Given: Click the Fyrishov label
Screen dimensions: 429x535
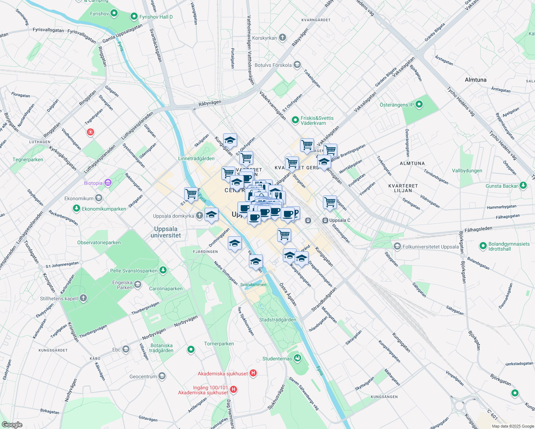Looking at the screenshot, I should click(x=99, y=14).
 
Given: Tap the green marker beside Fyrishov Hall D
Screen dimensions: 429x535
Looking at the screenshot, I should click(x=134, y=16).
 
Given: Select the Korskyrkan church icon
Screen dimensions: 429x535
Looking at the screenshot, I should click(x=283, y=38).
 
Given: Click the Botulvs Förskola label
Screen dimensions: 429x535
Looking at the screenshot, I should click(x=273, y=65).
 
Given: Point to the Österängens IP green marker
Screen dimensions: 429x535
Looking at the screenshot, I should click(x=419, y=104).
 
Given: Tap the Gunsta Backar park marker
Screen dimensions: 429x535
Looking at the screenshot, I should click(x=523, y=185).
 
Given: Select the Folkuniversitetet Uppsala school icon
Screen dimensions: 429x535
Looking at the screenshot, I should click(x=397, y=246).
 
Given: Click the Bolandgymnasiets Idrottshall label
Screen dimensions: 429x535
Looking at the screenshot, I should click(x=509, y=246).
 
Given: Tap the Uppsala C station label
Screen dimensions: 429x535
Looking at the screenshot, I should click(x=339, y=220).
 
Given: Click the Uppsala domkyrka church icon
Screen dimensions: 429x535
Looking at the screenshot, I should click(x=200, y=216).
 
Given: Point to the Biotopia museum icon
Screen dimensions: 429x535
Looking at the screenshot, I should click(x=108, y=183).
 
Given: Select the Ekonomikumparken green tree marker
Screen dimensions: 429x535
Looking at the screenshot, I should click(x=76, y=208).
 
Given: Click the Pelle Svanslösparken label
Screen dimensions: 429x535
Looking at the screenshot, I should click(x=134, y=271).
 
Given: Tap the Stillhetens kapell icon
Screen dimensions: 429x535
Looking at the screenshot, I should click(x=83, y=298).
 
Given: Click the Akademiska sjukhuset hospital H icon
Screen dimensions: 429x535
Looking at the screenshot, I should click(x=253, y=373).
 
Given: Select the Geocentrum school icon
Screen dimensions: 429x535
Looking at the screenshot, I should click(x=162, y=376).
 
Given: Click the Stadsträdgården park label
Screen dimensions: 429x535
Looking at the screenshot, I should click(x=278, y=320).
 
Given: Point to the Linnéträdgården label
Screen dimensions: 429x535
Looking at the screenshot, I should click(x=196, y=158).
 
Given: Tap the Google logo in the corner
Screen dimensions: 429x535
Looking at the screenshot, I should click(x=12, y=425).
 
